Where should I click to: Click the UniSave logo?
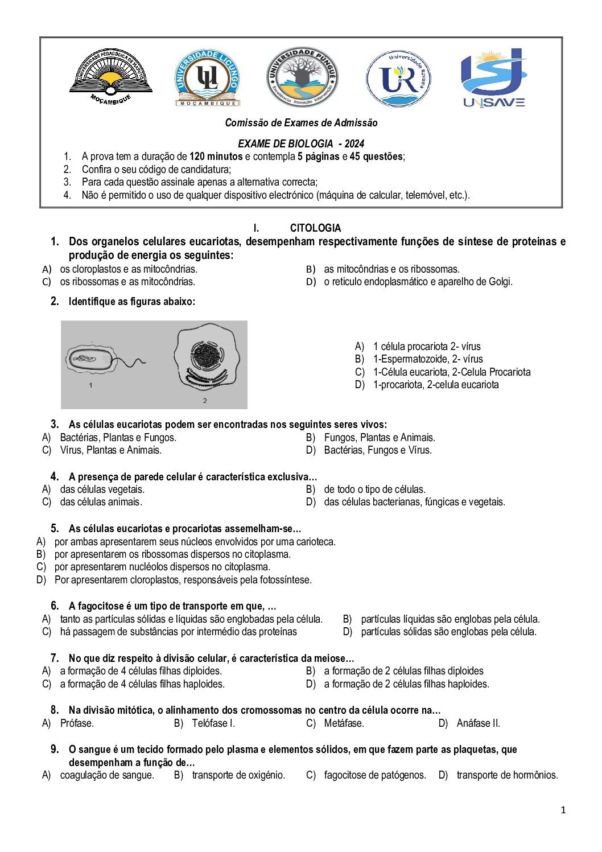493,78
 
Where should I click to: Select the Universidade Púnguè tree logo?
302,77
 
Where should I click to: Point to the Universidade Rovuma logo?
398,79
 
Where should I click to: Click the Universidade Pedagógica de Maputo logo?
111,77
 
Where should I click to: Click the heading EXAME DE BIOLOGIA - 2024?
300,143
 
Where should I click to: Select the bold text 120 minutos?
216,157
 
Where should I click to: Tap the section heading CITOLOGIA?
315,228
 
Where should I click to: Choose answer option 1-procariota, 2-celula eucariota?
435,385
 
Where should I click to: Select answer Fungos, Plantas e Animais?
380,438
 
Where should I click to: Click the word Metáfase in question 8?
344,723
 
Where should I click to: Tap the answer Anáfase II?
478,723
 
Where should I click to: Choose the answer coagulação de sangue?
107,775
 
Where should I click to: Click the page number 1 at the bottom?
563,810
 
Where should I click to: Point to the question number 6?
55,606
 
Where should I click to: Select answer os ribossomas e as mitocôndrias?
127,282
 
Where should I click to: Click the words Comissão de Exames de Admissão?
301,123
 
